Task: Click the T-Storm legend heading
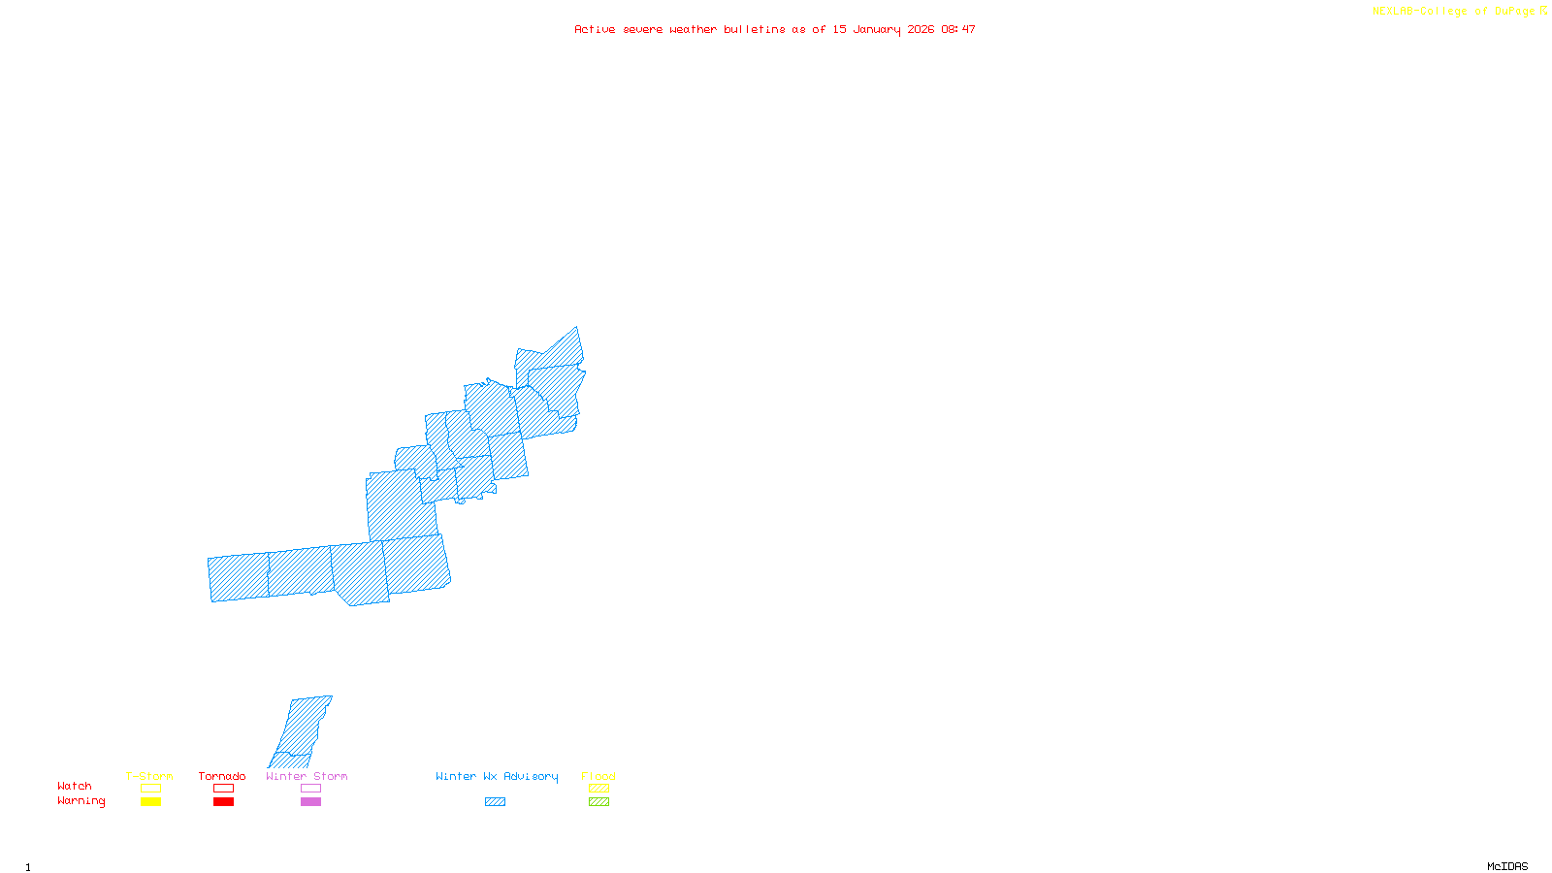pos(149,776)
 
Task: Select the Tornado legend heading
pos(222,776)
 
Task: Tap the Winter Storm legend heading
pos(307,776)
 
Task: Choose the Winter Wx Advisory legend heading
pos(497,776)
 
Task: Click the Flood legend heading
pos(598,776)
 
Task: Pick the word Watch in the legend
pos(75,786)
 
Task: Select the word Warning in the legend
pos(81,801)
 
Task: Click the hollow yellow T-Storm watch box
pos(150,789)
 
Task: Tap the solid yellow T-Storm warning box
pos(150,802)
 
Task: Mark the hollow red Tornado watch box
pos(223,789)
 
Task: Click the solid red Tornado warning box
pos(223,802)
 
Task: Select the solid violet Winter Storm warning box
pos(310,802)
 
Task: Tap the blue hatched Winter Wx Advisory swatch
pos(495,802)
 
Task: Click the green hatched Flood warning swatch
pos(598,802)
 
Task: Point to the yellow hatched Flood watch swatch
pos(598,789)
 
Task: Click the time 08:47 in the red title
pos(958,29)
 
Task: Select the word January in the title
pos(877,29)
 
